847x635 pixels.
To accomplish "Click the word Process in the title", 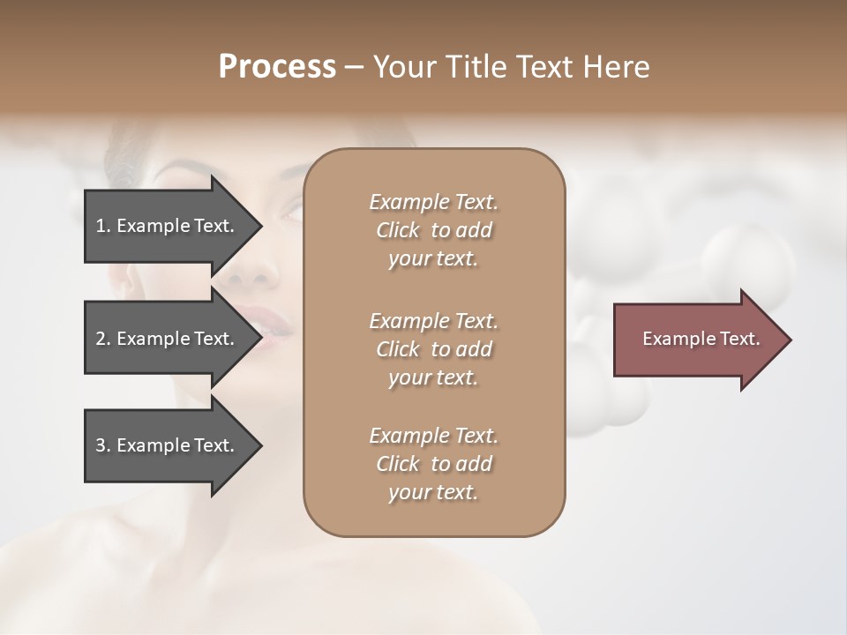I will pos(277,67).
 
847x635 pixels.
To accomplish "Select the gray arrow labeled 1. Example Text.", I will pos(168,226).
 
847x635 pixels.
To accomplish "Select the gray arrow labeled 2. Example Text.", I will pos(168,339).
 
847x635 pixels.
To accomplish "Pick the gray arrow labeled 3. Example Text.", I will pos(168,445).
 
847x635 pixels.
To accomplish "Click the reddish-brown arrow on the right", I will pos(697,339).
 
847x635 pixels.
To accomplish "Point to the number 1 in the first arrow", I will pos(101,226).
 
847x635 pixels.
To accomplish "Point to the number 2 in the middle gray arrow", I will pos(101,339).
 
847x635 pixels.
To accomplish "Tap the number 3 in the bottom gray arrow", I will pos(101,445).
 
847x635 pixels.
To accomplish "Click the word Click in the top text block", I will pos(397,230).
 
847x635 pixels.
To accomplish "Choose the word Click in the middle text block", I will pos(397,349).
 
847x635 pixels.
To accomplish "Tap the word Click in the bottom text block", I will pos(397,464).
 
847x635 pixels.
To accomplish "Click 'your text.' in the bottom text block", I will pos(433,492).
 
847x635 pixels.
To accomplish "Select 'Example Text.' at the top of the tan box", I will pos(433,202).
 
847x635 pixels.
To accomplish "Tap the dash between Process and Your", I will pos(354,68).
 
